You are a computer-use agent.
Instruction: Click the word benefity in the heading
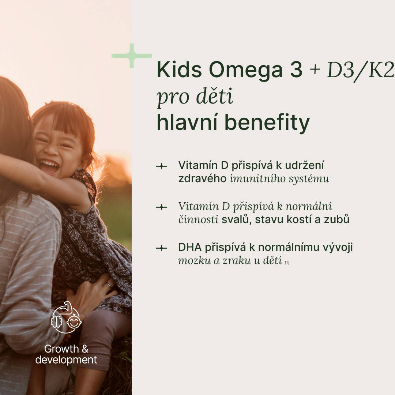pos(267,123)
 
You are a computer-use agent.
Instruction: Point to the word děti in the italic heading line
pos(215,96)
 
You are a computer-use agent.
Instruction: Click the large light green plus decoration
pos(132,56)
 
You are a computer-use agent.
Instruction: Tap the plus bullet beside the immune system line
pos(162,166)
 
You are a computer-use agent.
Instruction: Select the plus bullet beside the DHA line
pos(162,248)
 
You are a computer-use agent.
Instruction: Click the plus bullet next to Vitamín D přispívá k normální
pos(162,207)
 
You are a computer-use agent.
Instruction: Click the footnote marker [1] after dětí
pos(287,263)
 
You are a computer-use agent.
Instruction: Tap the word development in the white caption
pos(66,360)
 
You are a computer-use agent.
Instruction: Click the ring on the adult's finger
pos(109,285)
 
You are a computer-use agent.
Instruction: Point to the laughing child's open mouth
pos(49,166)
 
